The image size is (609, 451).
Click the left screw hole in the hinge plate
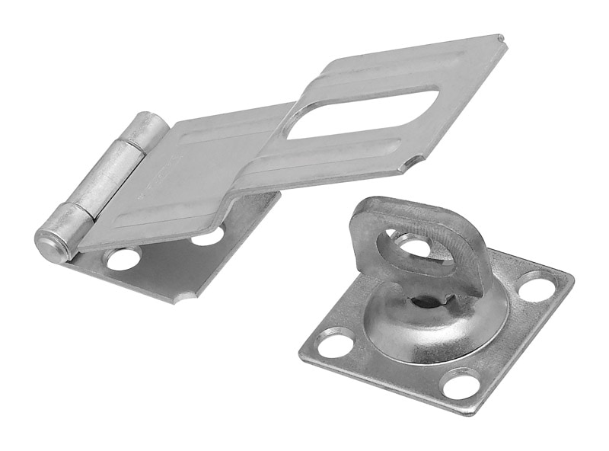(123, 259)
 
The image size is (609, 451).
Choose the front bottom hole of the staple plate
(461, 383)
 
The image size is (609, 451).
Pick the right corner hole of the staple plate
(537, 286)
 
